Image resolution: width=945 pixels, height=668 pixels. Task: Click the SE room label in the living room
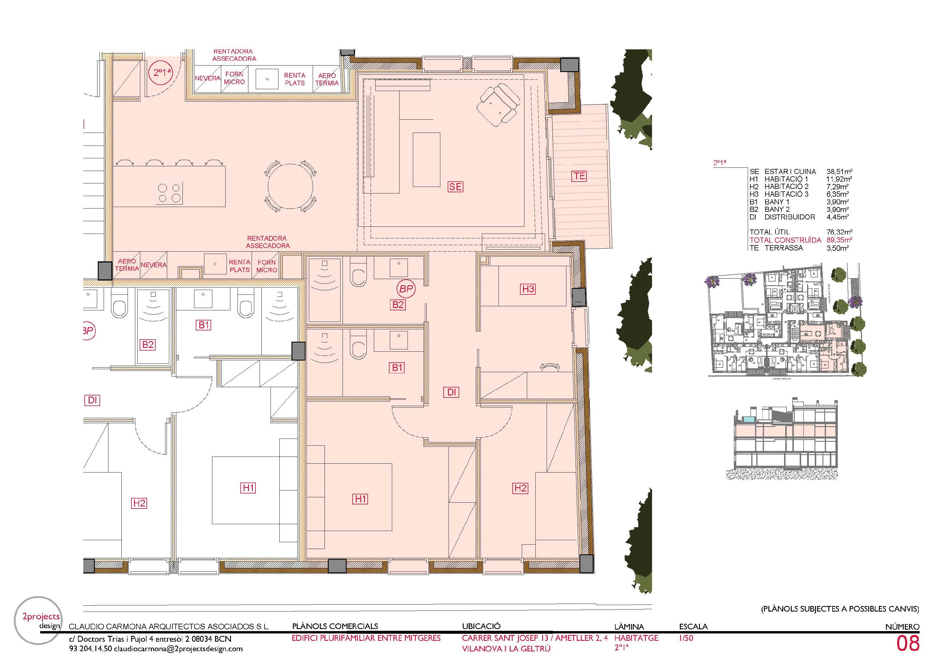coord(455,187)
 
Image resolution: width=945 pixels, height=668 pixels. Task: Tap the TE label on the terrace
coord(579,176)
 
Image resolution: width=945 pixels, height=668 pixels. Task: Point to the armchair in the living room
coord(498,104)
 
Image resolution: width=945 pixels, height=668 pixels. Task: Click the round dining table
coord(291,186)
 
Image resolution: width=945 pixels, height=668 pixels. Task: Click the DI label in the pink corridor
coord(452,392)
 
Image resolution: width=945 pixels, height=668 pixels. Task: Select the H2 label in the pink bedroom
coord(520,488)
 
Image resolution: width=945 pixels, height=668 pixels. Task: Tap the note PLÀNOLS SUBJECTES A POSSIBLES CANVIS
coord(840,609)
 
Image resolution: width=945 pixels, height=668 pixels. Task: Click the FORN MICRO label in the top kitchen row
coord(234,78)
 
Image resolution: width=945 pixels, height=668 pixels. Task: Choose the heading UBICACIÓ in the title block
coord(481,626)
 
